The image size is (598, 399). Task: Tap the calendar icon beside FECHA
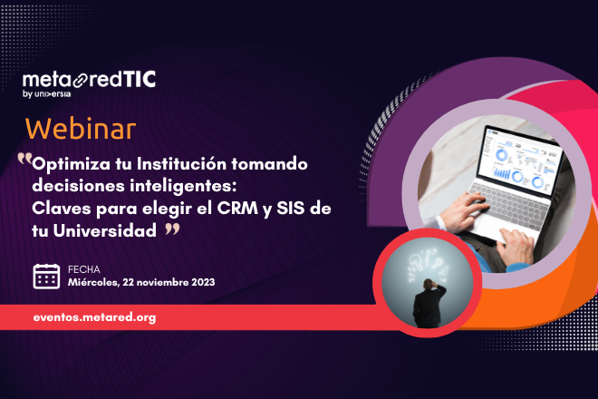(46, 276)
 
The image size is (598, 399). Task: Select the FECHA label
(85, 269)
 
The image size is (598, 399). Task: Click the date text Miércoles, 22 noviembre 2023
(141, 283)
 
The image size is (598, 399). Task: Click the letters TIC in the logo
(138, 80)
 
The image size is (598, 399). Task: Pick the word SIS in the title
(297, 209)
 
